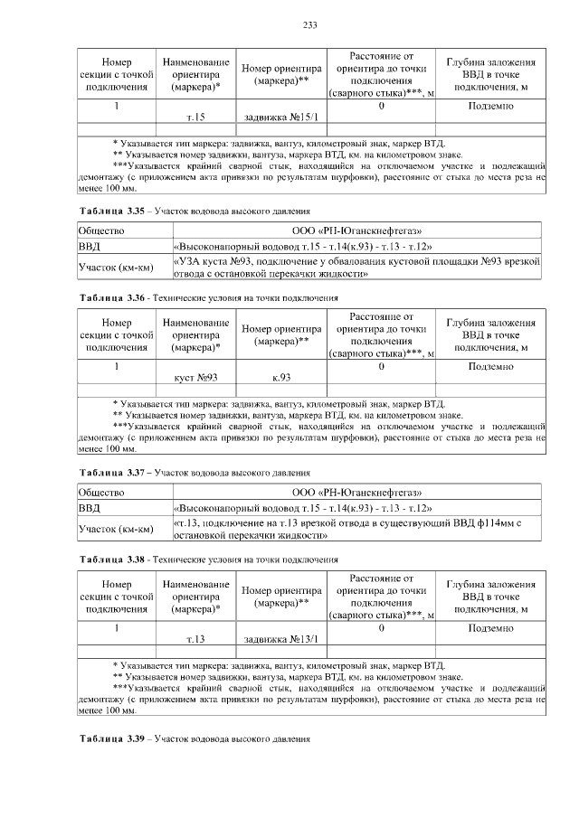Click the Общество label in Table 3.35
point(100,230)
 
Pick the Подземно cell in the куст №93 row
point(492,367)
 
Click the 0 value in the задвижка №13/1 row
point(381,628)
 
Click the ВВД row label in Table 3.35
point(90,246)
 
